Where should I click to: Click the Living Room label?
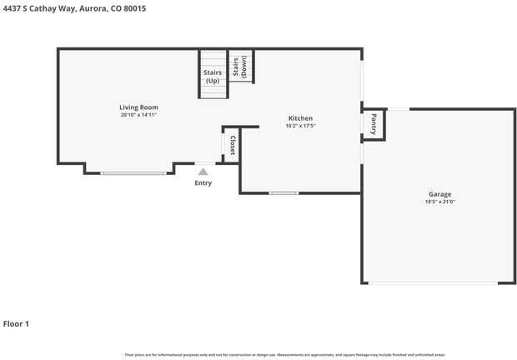138,107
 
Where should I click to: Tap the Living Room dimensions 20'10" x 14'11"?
138,115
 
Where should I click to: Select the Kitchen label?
300,117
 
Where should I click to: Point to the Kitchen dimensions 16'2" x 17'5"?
300,126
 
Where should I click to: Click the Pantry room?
373,124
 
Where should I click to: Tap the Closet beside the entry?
232,143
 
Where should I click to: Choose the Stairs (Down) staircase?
240,67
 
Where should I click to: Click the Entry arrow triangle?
203,172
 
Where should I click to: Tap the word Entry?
203,182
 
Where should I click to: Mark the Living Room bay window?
133,173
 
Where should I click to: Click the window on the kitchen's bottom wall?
284,193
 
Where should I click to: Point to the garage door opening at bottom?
434,283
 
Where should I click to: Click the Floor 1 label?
16,323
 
